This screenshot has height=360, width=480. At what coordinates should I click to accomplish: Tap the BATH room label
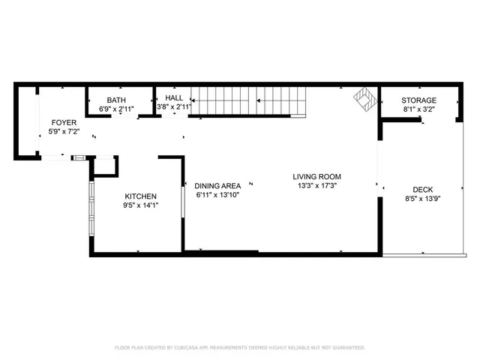point(116,100)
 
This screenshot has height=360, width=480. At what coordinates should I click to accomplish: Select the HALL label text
point(174,98)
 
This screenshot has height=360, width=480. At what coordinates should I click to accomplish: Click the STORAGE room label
point(418,100)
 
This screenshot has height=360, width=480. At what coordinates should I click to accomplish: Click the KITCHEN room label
point(140,196)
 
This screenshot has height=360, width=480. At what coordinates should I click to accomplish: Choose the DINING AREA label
point(217,186)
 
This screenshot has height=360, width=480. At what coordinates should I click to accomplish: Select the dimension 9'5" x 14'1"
point(140,205)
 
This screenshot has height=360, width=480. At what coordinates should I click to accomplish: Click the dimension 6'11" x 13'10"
point(217,195)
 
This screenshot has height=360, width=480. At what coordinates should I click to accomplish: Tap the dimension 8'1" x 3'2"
point(418,109)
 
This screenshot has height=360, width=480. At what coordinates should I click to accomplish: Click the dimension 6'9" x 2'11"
point(116,109)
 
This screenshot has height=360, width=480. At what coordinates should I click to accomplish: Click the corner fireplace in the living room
point(365,99)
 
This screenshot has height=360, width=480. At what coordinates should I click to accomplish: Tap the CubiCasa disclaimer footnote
point(240,347)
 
